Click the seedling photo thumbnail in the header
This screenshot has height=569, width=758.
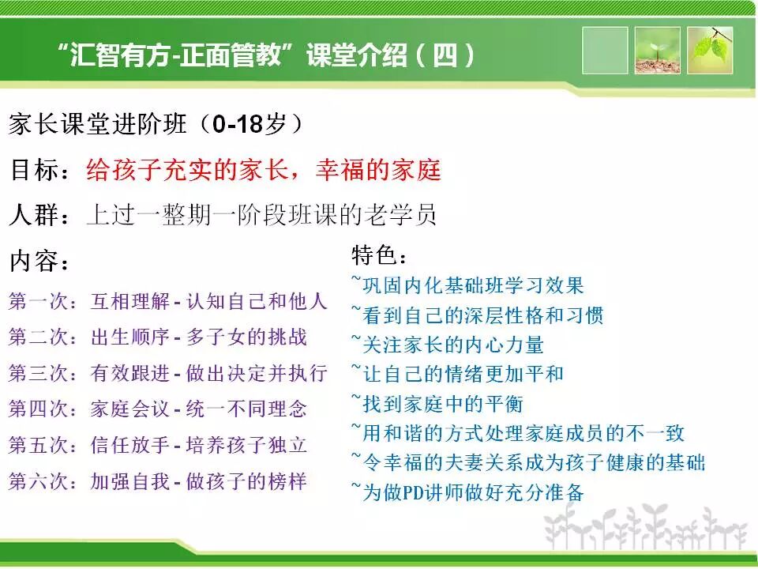[x=657, y=51]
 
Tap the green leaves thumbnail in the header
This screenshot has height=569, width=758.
[x=710, y=51]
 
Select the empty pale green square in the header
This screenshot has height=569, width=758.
[x=605, y=51]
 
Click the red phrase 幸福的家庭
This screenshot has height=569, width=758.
[x=378, y=170]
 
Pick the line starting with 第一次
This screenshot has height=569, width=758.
[x=167, y=301]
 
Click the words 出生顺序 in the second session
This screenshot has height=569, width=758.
[x=129, y=337]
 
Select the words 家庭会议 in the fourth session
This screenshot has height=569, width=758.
[x=129, y=409]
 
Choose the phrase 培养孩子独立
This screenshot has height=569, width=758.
[x=246, y=445]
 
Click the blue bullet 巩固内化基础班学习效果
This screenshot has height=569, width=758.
[x=468, y=285]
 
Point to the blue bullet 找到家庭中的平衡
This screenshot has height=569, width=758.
[x=438, y=404]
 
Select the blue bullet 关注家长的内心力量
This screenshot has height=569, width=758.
[x=448, y=345]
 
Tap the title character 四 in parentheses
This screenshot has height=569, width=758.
[x=445, y=55]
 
